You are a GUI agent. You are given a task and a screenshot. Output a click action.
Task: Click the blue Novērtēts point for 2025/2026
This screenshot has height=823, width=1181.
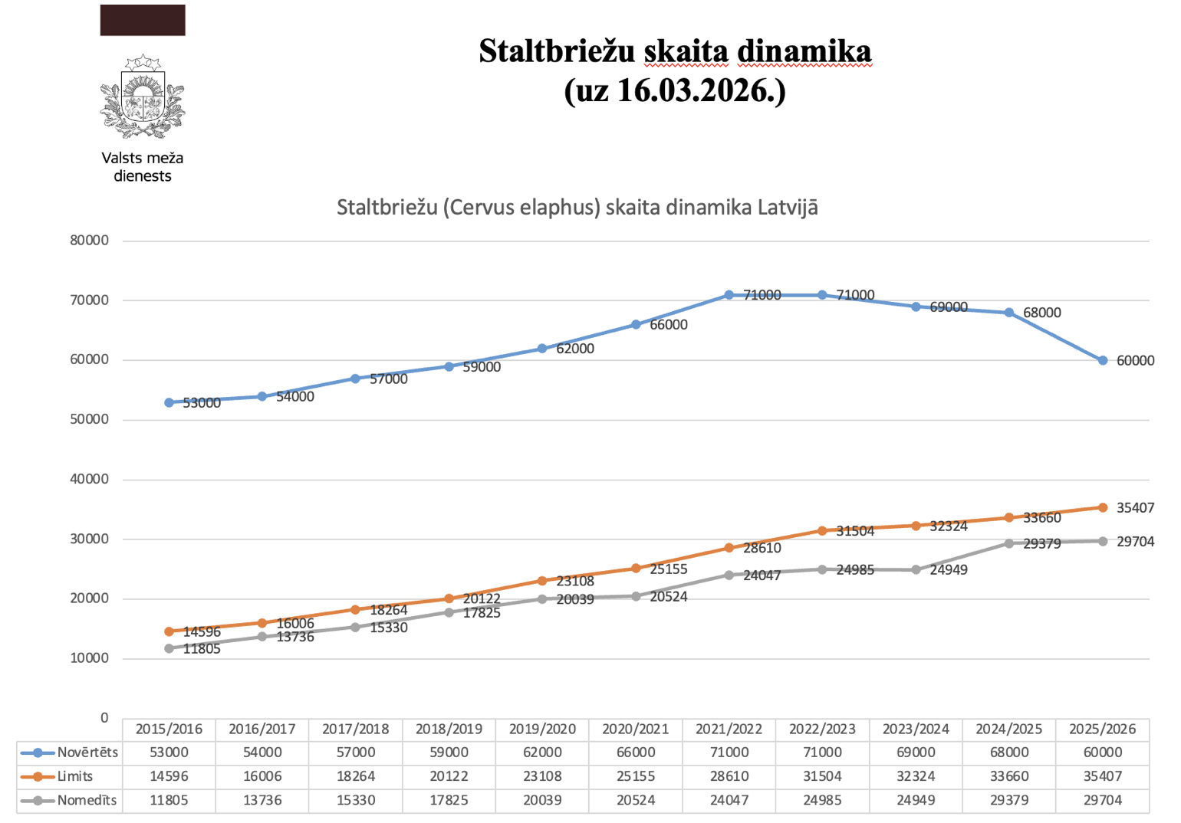[x=1103, y=360]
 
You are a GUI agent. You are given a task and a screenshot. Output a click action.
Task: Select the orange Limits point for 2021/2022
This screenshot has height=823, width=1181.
[x=729, y=548]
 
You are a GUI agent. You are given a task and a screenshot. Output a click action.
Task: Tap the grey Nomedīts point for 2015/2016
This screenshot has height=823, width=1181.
[x=169, y=648]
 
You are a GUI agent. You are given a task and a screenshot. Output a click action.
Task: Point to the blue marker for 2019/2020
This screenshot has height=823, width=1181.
[x=542, y=349]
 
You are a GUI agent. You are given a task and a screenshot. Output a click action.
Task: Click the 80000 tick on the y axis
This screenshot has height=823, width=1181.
[x=90, y=241]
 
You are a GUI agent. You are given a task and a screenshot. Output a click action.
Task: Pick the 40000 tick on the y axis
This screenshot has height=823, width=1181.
[x=90, y=480]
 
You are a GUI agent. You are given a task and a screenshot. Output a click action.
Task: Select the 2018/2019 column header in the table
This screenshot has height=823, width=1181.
[x=449, y=729]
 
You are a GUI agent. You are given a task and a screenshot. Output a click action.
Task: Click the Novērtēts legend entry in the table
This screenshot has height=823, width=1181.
[x=70, y=753]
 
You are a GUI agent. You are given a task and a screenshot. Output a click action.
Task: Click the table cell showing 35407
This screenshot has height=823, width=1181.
[x=1103, y=776]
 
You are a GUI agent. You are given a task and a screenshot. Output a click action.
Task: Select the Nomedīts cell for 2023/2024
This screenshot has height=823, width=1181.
[x=916, y=801]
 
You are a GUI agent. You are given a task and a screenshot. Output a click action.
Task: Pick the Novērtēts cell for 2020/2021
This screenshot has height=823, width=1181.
[x=636, y=753]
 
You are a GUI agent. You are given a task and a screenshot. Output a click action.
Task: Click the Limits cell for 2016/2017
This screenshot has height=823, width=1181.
[x=262, y=776]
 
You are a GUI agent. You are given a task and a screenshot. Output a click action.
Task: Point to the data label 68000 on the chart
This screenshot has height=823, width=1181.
[x=1042, y=313]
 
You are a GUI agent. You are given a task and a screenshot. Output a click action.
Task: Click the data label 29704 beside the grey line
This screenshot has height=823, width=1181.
[x=1135, y=542]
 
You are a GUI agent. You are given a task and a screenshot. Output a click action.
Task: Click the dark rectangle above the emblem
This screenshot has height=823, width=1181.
[x=143, y=20]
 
